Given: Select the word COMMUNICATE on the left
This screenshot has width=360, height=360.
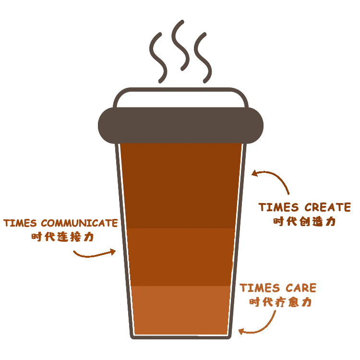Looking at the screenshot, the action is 79,224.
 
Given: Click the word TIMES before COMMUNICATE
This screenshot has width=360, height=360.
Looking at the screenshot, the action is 19,224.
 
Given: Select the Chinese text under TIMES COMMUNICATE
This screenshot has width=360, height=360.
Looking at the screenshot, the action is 62,237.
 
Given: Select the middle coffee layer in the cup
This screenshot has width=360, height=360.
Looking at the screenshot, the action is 180,257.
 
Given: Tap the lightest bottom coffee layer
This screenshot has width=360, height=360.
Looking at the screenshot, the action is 180,310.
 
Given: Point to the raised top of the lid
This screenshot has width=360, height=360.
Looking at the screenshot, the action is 180,96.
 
